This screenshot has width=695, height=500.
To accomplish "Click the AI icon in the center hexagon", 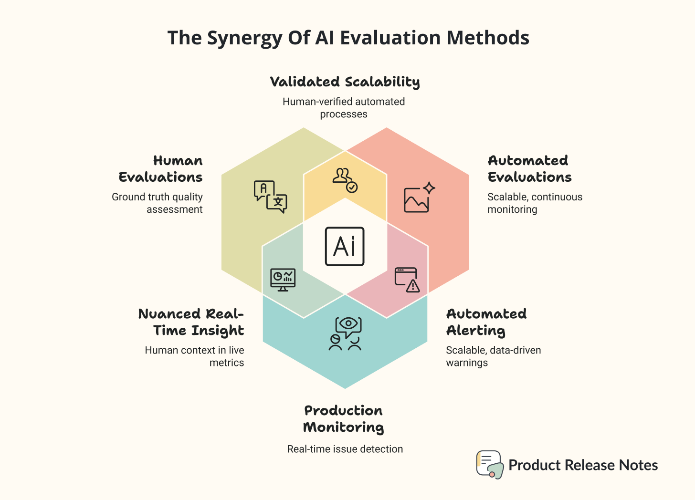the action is (345, 246).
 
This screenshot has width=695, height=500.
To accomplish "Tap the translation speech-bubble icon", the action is (270, 197).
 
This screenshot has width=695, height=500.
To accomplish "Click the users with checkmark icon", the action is (345, 180).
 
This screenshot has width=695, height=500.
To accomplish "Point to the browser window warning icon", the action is (407, 280).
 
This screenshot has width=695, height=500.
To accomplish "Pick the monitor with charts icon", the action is (283, 280).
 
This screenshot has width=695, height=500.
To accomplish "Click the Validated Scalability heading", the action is (345, 82).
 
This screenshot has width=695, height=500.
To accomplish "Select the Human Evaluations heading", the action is (161, 169).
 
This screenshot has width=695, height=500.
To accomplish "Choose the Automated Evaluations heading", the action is (529, 169).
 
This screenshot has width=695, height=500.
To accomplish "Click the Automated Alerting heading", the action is (486, 322).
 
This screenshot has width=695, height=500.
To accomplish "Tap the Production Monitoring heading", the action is (344, 419).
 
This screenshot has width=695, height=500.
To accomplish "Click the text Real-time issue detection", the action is (345, 449).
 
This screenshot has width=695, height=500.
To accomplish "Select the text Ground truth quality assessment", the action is (158, 203).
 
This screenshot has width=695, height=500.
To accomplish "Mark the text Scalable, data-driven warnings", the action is (493, 356).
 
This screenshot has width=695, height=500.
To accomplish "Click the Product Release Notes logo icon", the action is (490, 464).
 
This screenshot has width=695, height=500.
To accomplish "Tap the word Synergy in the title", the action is (244, 38).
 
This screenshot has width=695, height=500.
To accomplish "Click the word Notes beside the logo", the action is (638, 465).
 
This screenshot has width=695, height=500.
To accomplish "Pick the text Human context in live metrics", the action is (195, 356).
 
